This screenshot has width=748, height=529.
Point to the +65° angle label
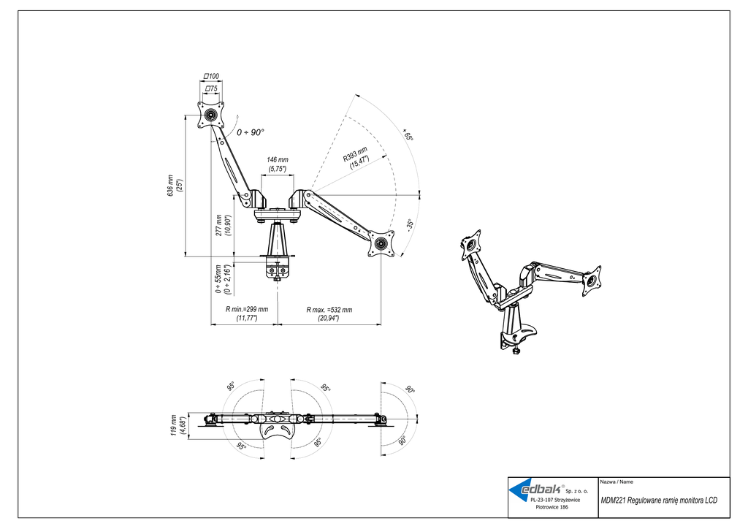[408, 134]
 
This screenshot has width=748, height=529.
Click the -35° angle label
[409, 225]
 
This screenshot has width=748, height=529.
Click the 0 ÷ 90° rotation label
[250, 132]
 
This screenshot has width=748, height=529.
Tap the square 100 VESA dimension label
[211, 76]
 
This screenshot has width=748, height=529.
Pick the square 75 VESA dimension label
[211, 88]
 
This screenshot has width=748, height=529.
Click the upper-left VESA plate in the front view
[210, 115]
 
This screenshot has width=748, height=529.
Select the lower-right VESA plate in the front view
[381, 244]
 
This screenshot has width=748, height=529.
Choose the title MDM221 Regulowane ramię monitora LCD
[659, 500]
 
